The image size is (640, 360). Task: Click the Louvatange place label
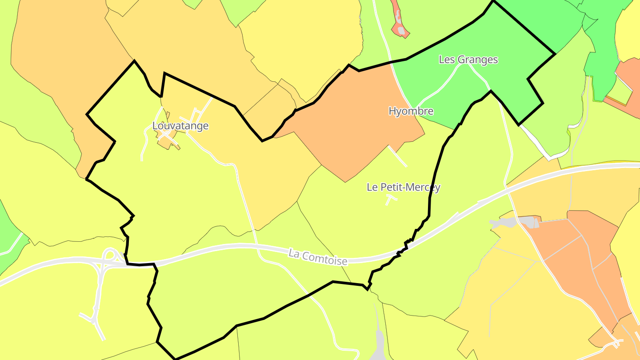click(180, 126)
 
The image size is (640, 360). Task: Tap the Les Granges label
click(468, 60)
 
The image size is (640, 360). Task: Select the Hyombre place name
click(411, 111)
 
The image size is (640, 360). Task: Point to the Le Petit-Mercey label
click(403, 187)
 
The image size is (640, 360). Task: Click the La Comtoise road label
click(318, 257)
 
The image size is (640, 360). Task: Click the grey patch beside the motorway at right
click(516, 222)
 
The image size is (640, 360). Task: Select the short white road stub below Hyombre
click(397, 156)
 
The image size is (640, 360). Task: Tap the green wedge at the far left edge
click(9, 240)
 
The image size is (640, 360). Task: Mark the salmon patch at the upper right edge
click(629, 84)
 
